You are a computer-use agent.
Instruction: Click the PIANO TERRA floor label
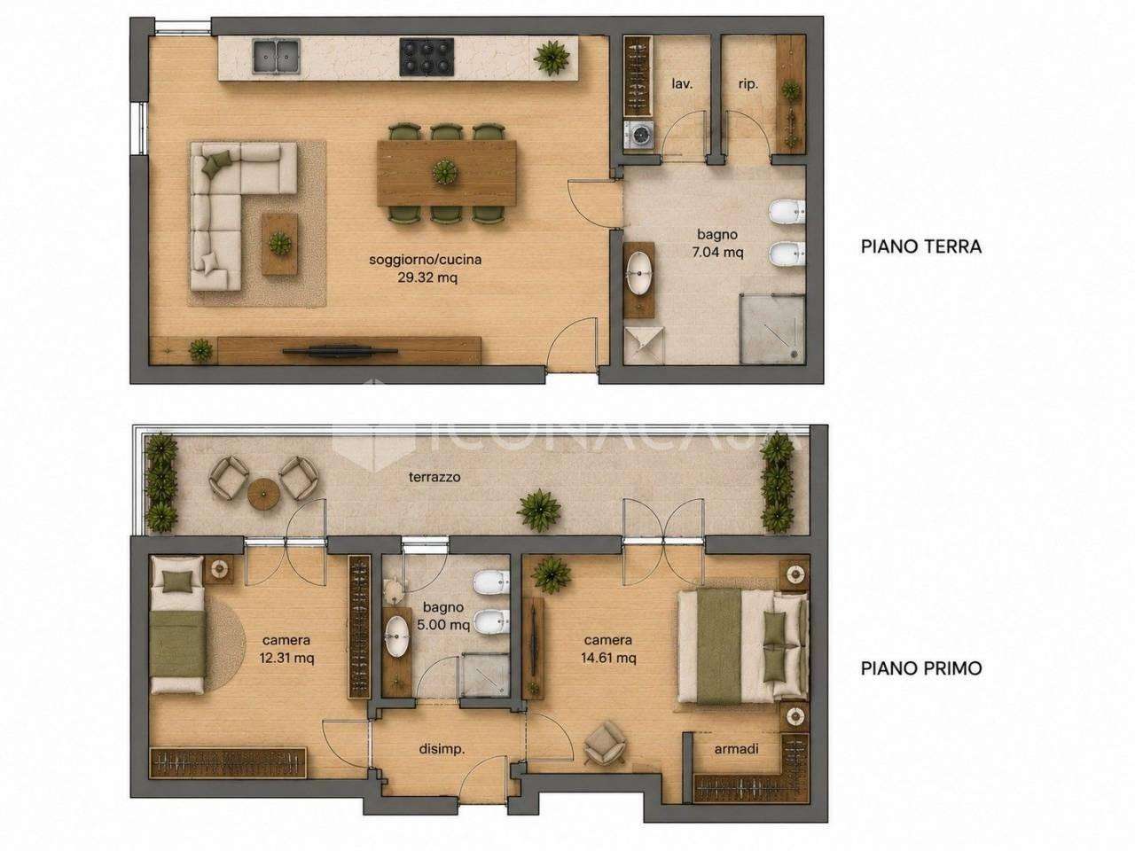pos(921,246)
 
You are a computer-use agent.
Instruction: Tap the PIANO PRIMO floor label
pos(921,668)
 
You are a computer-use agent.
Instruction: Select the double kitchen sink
pos(277,56)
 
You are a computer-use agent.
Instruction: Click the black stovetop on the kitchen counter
pos(427,57)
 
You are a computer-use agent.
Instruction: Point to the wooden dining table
pos(447,173)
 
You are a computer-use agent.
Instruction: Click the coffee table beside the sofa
pos(279,244)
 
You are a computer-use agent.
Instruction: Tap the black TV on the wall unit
pos(340,351)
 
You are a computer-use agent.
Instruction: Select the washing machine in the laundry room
pos(638,137)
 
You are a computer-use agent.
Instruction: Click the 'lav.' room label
pos(682,83)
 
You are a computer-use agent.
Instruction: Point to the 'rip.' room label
pos(748,84)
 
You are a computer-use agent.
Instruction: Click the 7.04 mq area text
pos(717,253)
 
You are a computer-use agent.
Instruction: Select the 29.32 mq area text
pos(427,278)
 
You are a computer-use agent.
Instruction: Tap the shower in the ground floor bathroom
pos(772,328)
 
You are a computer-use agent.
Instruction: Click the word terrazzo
pos(434,478)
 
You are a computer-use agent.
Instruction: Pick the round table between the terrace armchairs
pos(263,495)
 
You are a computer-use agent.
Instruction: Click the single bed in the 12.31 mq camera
pos(176,624)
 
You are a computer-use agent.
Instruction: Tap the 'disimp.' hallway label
pos(442,749)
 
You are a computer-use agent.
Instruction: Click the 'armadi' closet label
pos(736,748)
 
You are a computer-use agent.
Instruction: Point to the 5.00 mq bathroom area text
pos(443,626)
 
